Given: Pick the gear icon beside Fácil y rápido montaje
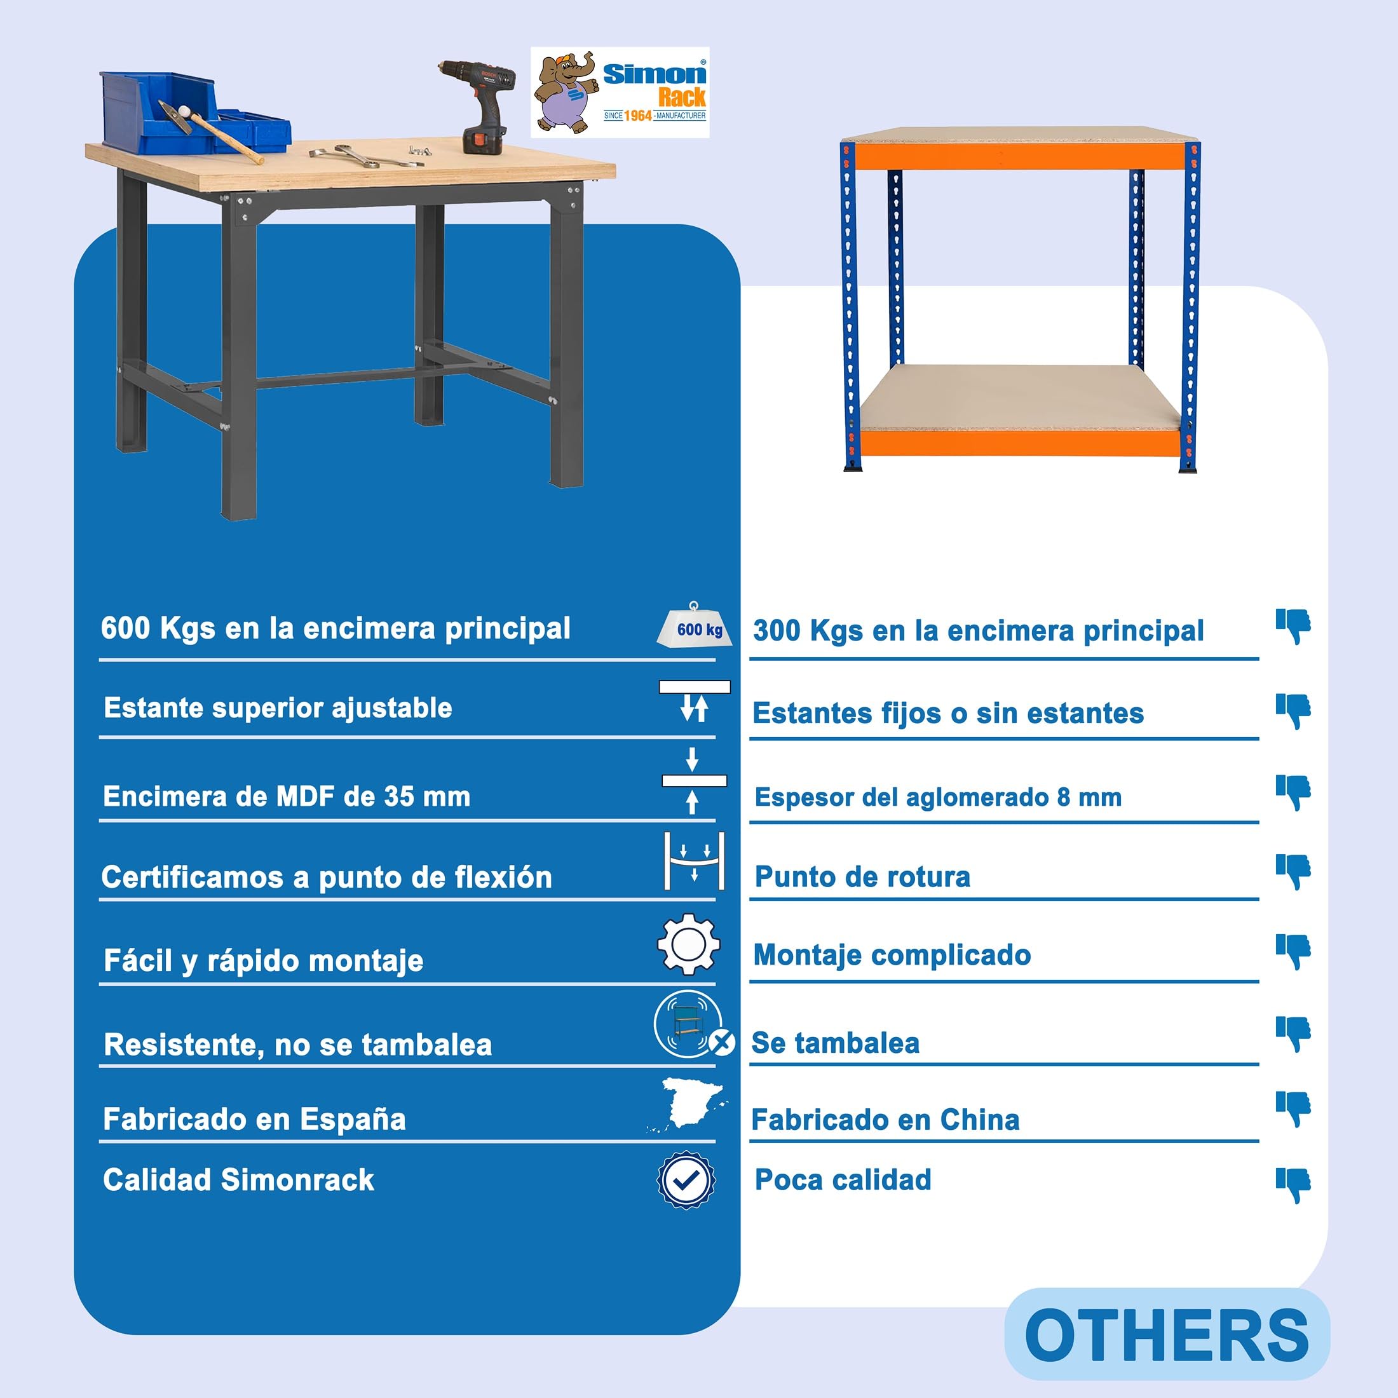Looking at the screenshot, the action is (688, 944).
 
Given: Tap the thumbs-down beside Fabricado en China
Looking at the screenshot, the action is (1293, 1110).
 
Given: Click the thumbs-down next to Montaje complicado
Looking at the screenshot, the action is (1293, 951).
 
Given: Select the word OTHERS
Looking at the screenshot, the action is (1167, 1336).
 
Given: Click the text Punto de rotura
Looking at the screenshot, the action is (862, 877).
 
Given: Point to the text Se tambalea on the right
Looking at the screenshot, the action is (836, 1043).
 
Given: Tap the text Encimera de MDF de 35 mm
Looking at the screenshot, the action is (287, 797).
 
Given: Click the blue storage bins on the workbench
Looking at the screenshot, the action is (194, 113).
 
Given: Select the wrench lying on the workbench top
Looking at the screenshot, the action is (365, 155).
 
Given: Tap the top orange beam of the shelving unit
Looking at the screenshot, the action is (1021, 156).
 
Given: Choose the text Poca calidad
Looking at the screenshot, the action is (843, 1179).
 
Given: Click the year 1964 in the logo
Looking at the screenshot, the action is (637, 116).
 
